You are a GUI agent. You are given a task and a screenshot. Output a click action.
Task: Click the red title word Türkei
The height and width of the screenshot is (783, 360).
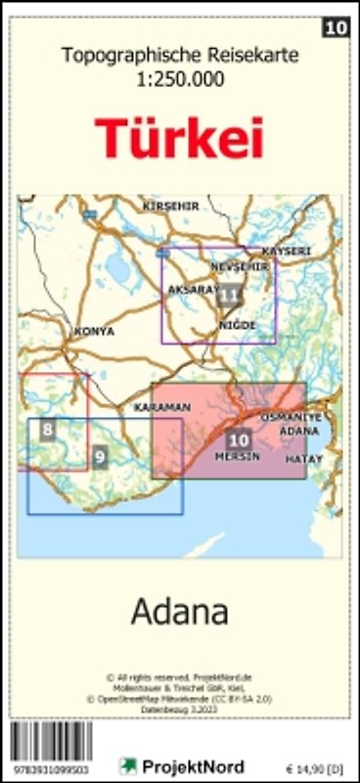point(180,138)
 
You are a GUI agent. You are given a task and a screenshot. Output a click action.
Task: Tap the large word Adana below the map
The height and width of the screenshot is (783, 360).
point(180,613)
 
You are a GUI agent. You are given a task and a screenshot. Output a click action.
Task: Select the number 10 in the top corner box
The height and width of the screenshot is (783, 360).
point(336,28)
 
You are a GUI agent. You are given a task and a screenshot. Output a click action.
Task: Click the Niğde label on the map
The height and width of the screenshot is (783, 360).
point(238,324)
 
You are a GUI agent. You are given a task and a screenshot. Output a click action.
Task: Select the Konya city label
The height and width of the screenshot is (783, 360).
point(94,331)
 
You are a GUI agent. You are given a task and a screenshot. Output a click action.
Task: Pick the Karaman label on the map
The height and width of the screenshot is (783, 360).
point(161,406)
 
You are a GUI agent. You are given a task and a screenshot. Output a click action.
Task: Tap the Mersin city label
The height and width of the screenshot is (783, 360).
point(237,457)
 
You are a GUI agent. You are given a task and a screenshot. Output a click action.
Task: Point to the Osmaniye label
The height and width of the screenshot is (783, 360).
point(290,417)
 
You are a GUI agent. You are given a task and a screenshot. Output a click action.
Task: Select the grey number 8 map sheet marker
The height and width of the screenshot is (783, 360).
point(47,429)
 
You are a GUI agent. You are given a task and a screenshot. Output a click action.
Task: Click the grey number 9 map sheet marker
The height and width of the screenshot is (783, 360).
point(100,456)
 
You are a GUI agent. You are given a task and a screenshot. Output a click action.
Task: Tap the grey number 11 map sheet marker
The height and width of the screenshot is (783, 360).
point(230,293)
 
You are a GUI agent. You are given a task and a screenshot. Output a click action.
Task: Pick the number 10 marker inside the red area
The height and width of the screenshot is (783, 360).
point(238,439)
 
